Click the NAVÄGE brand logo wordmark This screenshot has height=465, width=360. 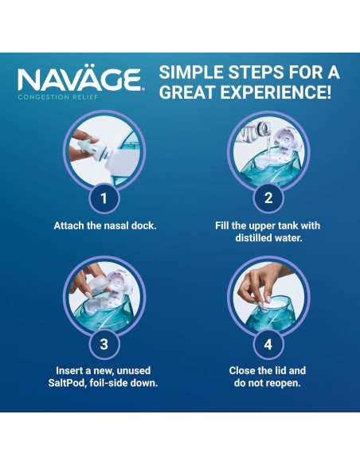pos(80,80)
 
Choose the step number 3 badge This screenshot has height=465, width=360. pos(104,344)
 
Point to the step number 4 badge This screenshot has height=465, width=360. pos(268,344)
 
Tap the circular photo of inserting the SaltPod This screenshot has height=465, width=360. pos(104,296)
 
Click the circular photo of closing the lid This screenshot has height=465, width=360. pos(268,296)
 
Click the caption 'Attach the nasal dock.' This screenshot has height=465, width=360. pos(104,225)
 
